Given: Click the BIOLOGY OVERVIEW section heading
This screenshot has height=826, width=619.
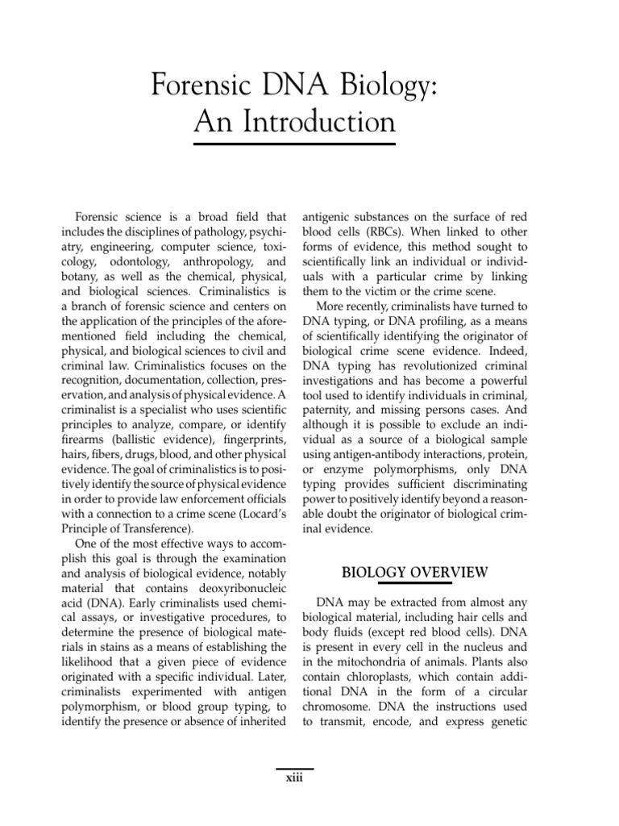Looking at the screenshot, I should tap(415, 573).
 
